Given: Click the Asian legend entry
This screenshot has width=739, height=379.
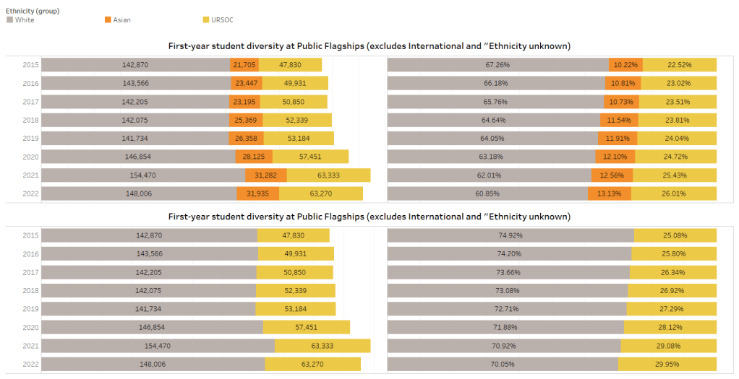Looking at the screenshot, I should (x=119, y=20).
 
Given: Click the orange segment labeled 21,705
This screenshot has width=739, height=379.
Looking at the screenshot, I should (x=244, y=65).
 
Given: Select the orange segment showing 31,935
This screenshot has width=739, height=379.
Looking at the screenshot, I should (x=257, y=193).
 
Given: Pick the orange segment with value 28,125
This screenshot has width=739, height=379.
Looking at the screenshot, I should (x=253, y=157).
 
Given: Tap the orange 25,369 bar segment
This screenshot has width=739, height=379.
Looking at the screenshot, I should (x=247, y=120).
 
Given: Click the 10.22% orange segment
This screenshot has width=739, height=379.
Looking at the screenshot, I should (x=625, y=65).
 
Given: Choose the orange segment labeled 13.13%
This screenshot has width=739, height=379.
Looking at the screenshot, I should (x=609, y=193).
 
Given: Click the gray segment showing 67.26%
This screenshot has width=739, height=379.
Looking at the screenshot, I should (x=497, y=65).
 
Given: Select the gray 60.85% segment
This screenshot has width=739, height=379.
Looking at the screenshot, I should (x=487, y=193).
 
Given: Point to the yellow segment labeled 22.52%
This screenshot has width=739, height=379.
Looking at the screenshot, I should (x=680, y=65).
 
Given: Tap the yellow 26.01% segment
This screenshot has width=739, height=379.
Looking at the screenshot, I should (x=674, y=193).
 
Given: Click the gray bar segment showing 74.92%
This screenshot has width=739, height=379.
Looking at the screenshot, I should (x=511, y=235).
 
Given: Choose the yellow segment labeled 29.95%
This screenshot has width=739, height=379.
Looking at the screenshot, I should (x=667, y=364).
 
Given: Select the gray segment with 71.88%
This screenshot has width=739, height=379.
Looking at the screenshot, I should (x=505, y=327).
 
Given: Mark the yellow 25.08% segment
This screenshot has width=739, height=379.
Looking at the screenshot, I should (x=675, y=235).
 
